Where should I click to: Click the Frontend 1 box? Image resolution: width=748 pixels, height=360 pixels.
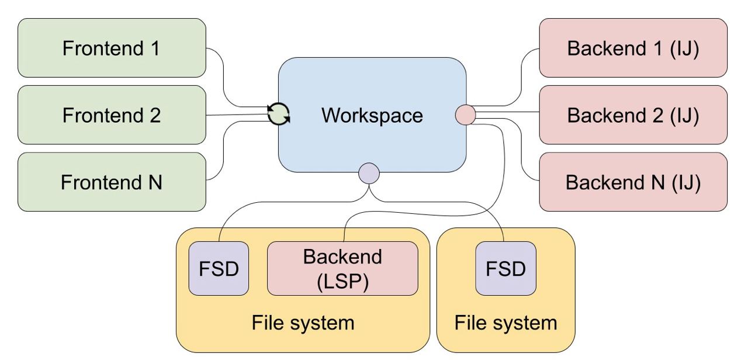[x=112, y=48]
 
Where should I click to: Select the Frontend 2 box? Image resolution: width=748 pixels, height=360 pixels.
[x=112, y=115]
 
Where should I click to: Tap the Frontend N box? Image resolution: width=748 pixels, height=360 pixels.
[x=112, y=182]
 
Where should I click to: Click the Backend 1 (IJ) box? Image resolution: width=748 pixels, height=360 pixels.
[x=633, y=48]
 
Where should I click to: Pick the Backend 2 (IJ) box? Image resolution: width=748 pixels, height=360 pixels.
[x=633, y=115]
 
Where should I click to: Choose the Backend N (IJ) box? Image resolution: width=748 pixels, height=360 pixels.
[x=633, y=182]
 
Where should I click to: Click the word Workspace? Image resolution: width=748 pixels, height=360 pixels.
[x=372, y=116]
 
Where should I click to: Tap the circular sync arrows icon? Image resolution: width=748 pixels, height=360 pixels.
[x=278, y=115]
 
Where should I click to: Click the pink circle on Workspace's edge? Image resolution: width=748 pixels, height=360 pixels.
[x=466, y=115]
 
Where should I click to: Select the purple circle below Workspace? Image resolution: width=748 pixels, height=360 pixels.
[x=369, y=174]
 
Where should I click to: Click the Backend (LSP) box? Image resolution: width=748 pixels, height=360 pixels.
[x=342, y=268]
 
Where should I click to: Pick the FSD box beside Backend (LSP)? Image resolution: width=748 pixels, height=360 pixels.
[x=219, y=268]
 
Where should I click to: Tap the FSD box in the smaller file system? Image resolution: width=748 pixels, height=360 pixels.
[x=505, y=268]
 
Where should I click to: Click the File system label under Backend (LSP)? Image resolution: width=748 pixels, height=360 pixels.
[x=303, y=323]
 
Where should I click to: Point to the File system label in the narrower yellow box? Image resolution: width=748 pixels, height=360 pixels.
[x=505, y=323]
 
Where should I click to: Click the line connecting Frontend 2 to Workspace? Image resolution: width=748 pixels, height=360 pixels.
[x=237, y=115]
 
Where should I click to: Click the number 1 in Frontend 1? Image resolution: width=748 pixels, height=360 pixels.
[x=155, y=48]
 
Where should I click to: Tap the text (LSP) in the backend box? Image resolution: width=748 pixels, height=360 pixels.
[x=342, y=282]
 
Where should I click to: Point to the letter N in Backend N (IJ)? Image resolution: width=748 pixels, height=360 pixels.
[x=657, y=182]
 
